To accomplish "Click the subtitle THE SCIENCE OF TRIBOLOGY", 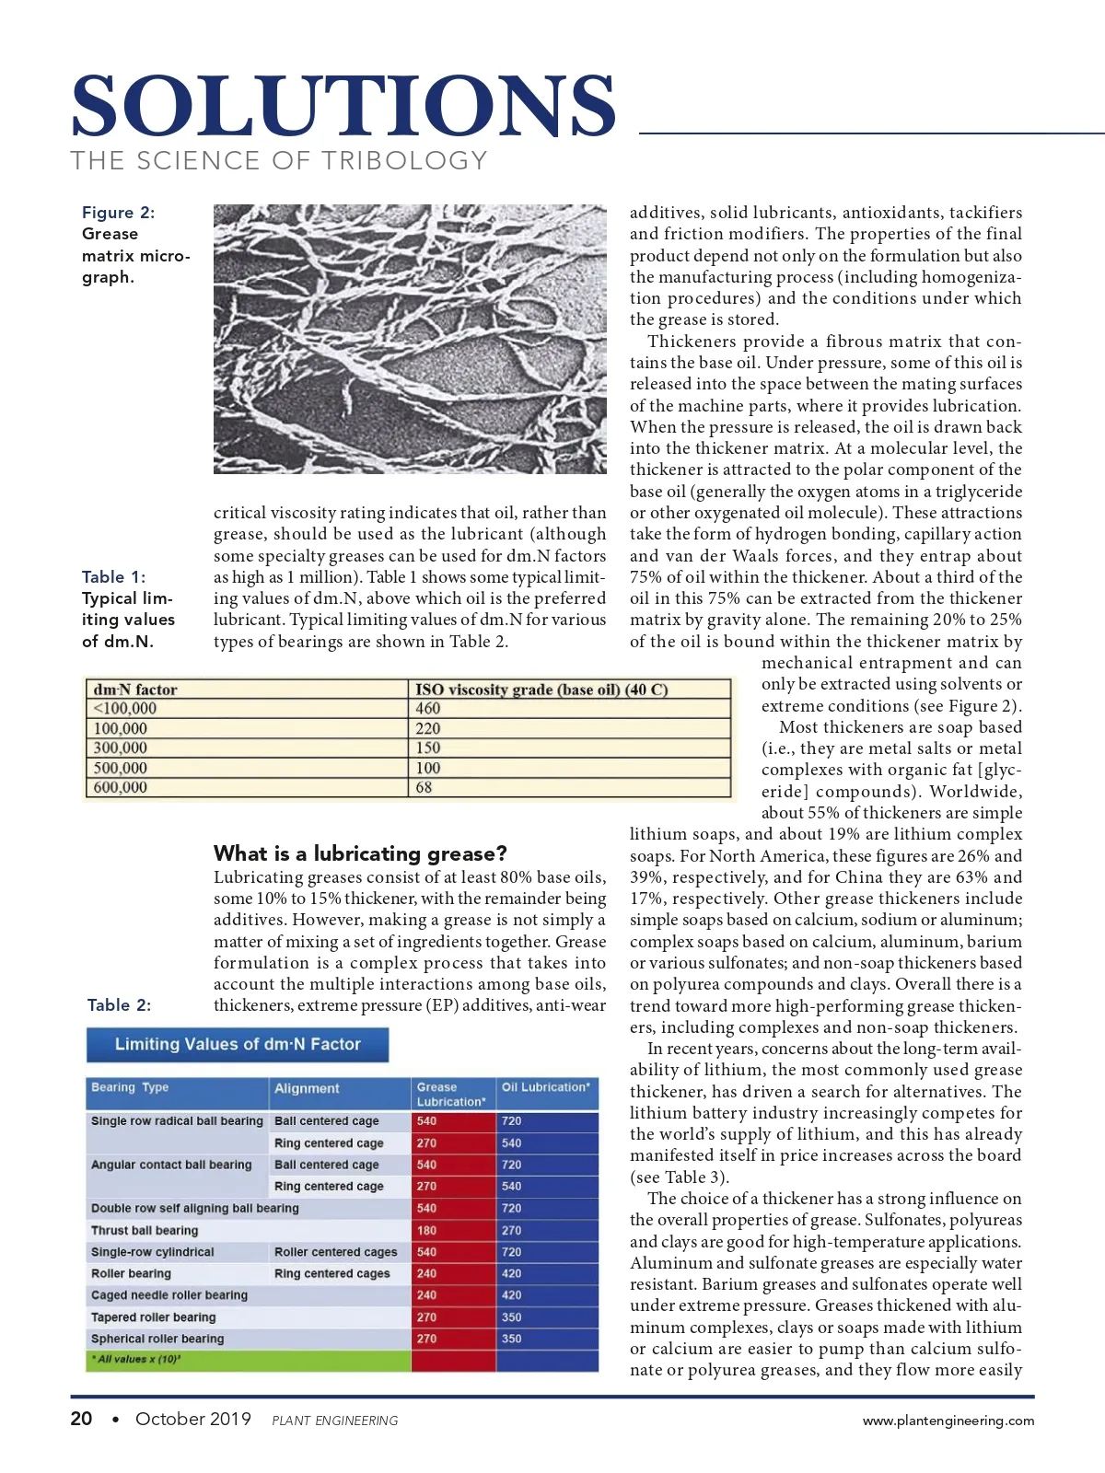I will pos(279,161).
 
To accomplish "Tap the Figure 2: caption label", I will pos(119,213).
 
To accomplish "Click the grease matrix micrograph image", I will pos(410,339).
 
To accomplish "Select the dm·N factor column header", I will pos(135,690).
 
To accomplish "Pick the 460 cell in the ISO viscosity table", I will pos(428,709).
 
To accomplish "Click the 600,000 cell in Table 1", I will pos(121,787).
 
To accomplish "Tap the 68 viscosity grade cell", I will pos(424,787).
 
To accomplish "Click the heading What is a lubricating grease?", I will pos(360,852).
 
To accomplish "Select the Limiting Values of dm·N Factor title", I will pos(238,1044).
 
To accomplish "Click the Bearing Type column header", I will pos(130,1087).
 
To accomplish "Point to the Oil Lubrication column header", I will pos(545,1087).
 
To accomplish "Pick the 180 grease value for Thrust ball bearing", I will pos(426,1230).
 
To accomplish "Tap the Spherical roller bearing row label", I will pos(157,1339).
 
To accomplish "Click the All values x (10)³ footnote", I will pos(135,1359).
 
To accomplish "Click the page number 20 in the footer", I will pos(81,1419).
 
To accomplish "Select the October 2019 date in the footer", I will pos(193,1419).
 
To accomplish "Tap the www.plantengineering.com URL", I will pos(948,1421).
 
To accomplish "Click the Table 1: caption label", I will pos(113,577).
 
